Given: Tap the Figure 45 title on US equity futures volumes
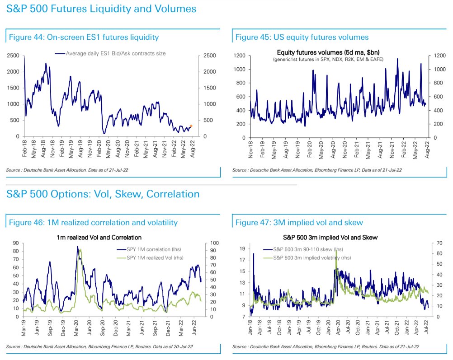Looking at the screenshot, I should pos(302,37).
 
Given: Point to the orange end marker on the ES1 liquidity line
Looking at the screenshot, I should pos(191,126).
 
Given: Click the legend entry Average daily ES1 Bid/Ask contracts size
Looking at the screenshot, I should pos(116,53).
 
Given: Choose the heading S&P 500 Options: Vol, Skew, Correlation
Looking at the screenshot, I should pos(103,194).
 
